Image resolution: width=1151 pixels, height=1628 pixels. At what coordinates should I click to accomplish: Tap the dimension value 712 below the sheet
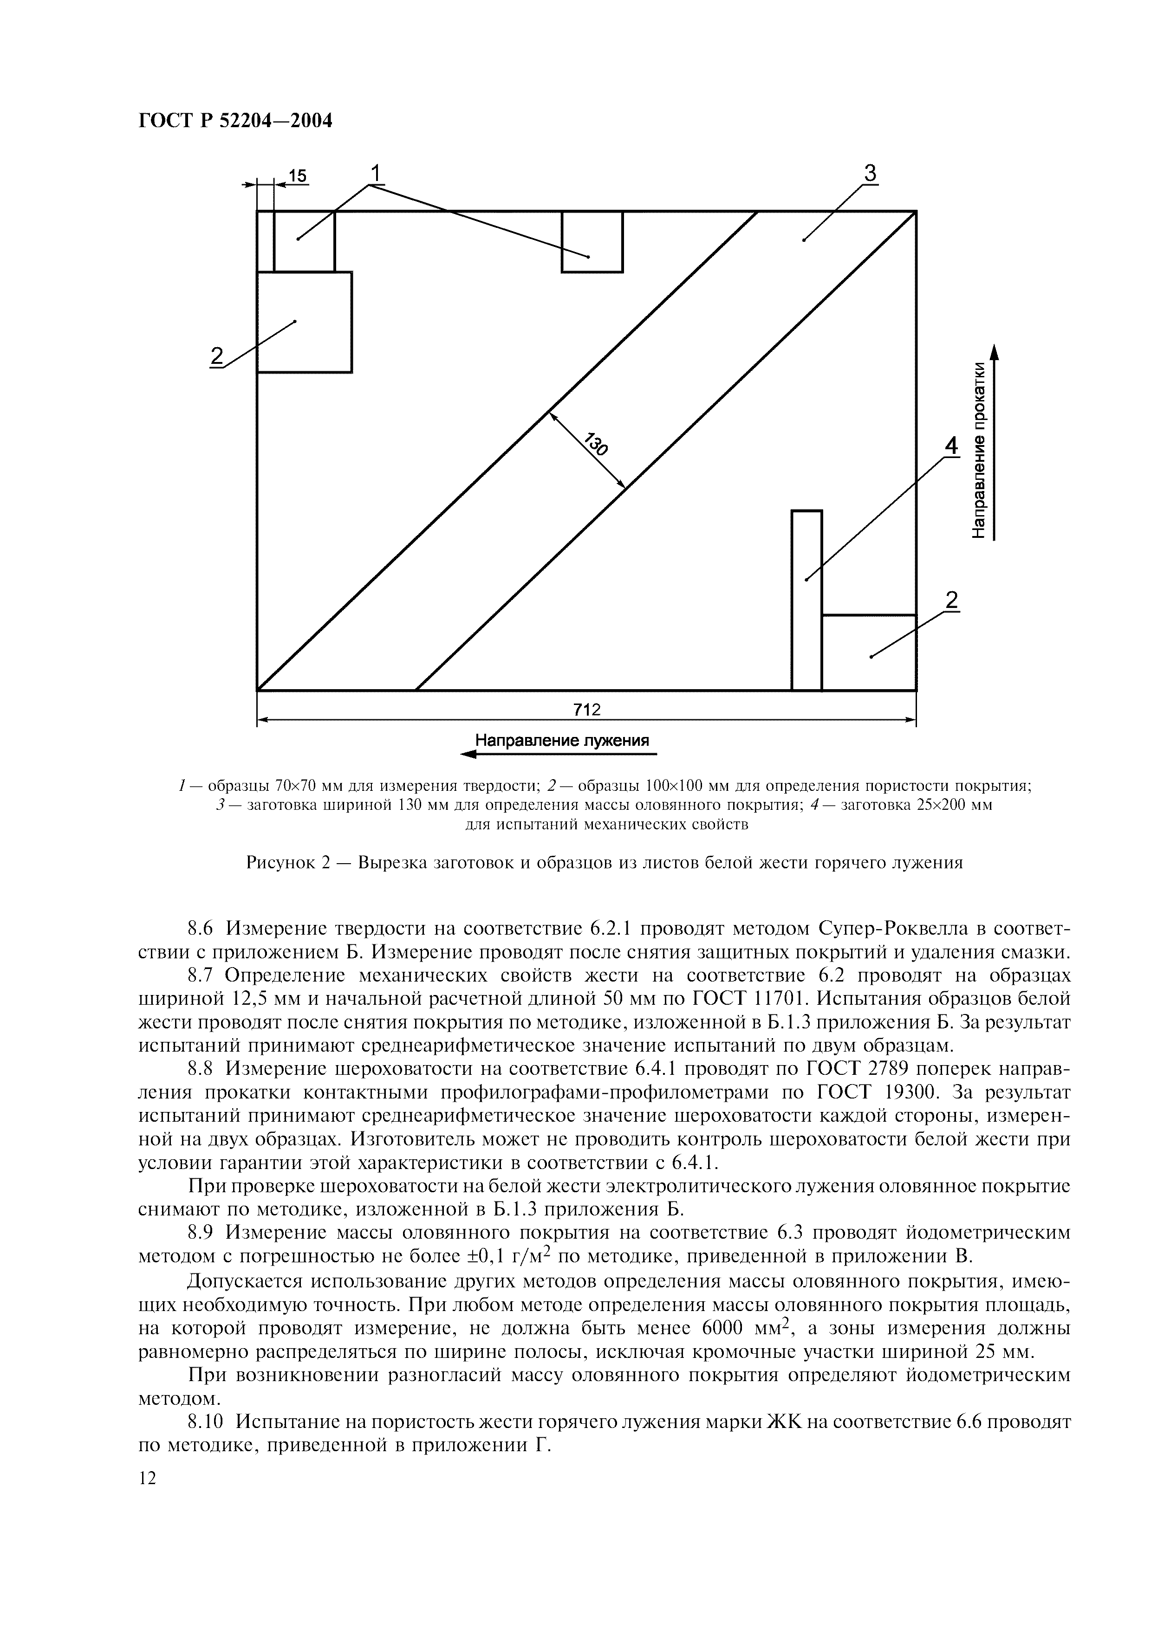click(x=586, y=710)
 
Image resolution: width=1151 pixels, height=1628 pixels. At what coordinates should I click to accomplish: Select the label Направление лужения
click(x=562, y=741)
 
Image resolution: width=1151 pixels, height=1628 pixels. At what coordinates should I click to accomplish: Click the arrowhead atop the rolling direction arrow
click(x=994, y=352)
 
